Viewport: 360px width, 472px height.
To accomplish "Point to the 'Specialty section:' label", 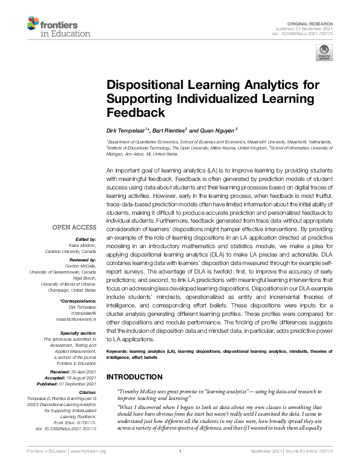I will click(78, 333).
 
